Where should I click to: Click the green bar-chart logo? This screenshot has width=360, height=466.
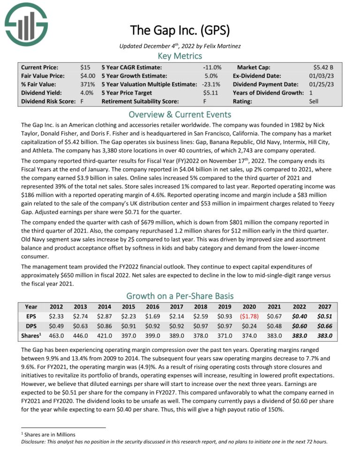pos(26,24)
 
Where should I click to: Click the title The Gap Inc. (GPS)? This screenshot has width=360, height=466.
pos(180,31)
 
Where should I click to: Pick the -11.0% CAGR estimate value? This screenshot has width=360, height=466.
pos(212,68)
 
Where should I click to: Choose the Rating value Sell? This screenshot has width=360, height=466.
pos(333,101)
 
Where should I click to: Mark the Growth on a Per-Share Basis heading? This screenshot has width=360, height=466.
pos(180,296)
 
